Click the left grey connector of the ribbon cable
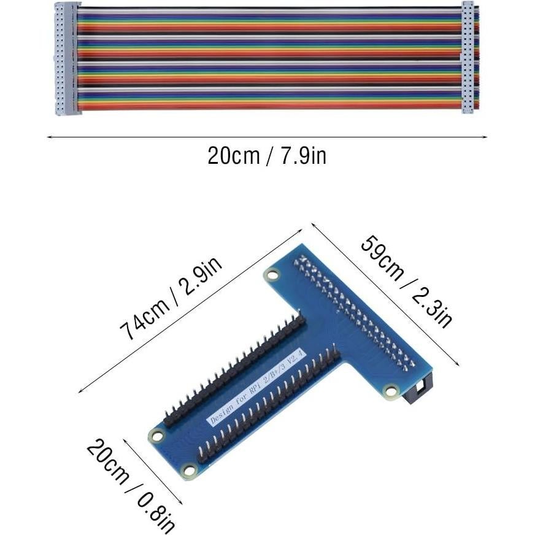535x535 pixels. click(67, 58)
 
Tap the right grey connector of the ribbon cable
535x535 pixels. click(468, 58)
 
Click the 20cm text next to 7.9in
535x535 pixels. click(233, 156)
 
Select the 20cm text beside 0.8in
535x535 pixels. click(108, 461)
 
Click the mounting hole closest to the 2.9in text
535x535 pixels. click(271, 275)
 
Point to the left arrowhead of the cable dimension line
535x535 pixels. click(49, 137)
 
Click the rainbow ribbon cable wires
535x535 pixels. click(270, 58)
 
